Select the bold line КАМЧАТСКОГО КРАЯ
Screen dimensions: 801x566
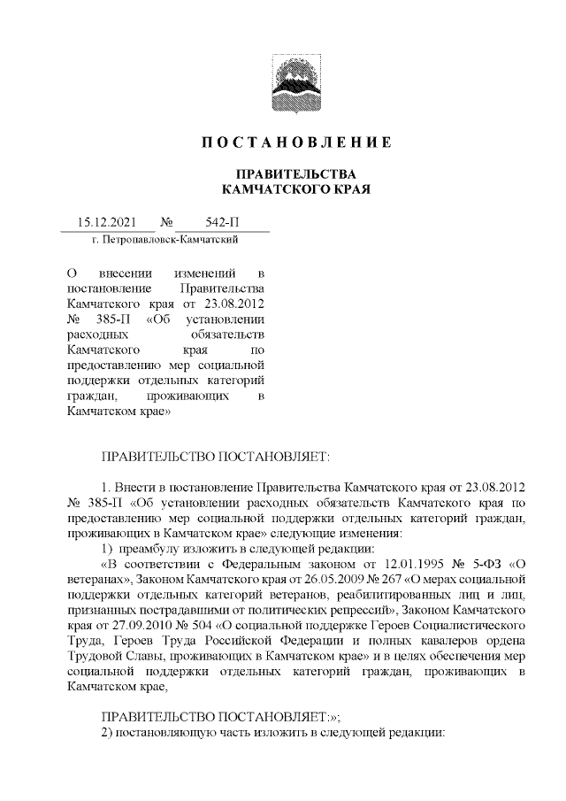point(294,189)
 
